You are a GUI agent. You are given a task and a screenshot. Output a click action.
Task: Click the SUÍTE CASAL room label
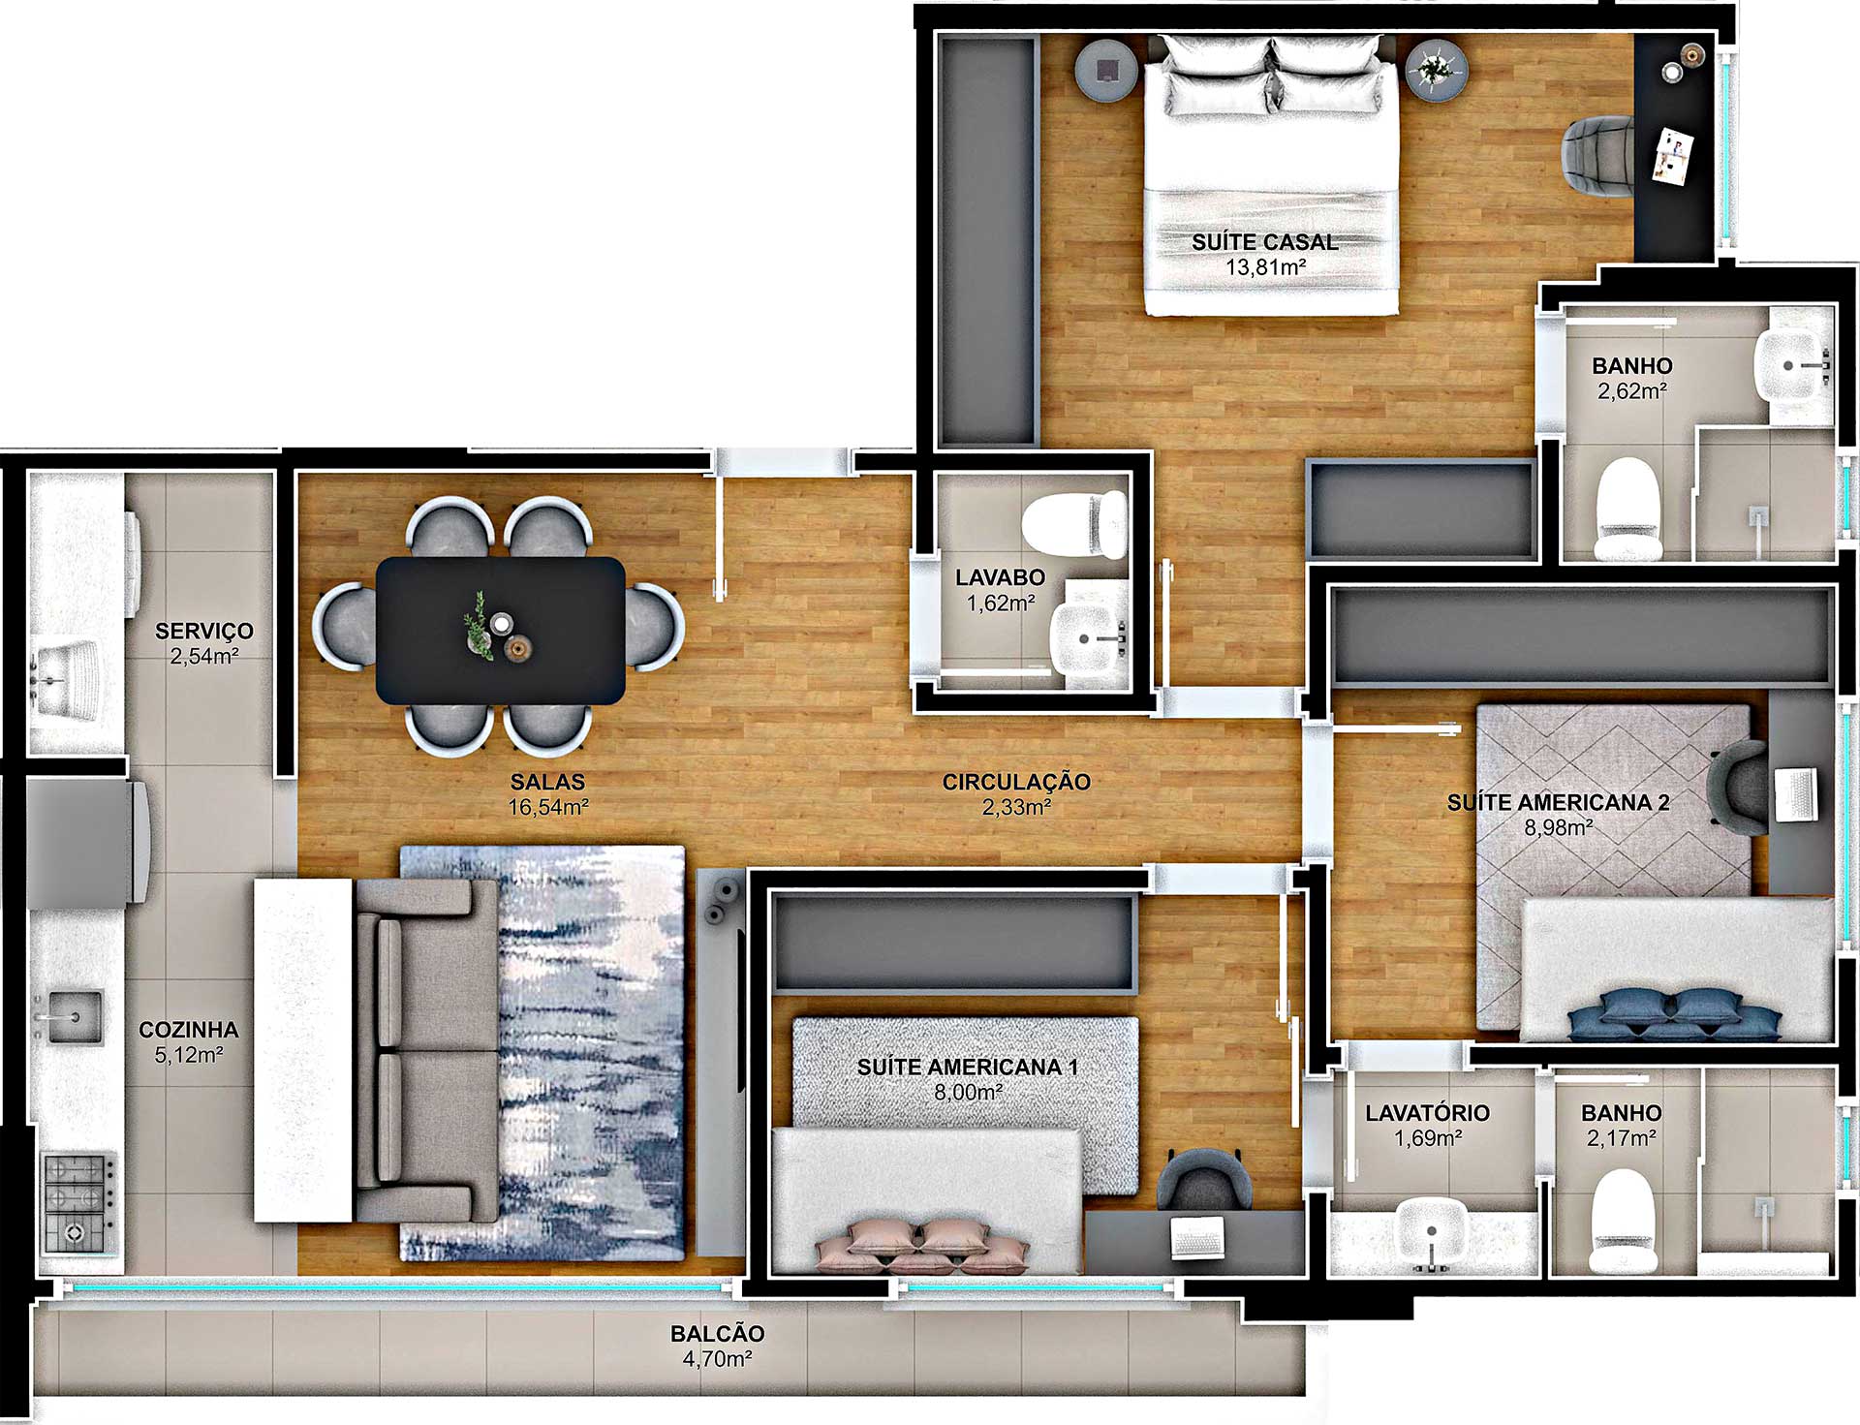(x=1264, y=242)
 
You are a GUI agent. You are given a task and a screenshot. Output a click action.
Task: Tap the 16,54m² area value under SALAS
(x=548, y=807)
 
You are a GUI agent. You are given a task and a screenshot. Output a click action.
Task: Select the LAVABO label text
(x=1000, y=577)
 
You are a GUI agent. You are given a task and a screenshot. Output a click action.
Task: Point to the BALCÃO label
(x=717, y=1334)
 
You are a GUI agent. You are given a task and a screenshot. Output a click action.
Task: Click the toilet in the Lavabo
(x=1075, y=524)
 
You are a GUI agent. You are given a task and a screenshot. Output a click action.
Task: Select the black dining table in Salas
(x=500, y=630)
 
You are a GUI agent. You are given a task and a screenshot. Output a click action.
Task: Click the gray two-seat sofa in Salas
(x=426, y=1050)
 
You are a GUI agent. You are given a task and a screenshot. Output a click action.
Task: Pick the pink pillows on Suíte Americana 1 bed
(x=920, y=1245)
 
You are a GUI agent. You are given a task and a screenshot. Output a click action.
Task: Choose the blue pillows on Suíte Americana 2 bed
(x=1674, y=1014)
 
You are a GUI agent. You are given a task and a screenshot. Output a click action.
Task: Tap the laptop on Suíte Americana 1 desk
(x=1198, y=1237)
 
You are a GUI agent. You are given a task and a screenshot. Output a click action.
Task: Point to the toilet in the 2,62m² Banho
(x=1627, y=510)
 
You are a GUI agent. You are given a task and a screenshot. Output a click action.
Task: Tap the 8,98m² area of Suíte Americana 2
(x=1559, y=828)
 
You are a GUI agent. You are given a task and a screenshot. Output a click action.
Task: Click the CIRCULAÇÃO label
(x=1016, y=782)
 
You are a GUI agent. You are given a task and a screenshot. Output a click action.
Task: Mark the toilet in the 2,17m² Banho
(x=1622, y=1221)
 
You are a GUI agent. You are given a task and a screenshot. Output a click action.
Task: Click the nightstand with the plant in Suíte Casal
(x=1437, y=70)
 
